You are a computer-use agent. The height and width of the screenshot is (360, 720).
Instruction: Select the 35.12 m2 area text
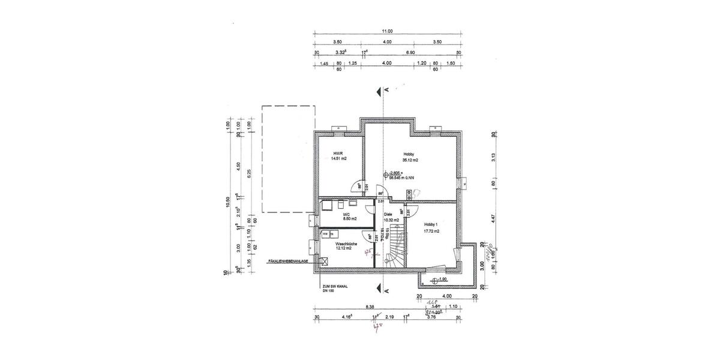pos(410,160)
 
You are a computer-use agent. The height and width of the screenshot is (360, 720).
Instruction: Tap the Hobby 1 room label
pos(431,225)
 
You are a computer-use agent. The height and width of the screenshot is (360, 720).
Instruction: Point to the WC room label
pos(346,214)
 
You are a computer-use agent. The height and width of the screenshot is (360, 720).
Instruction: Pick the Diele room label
pos(388,214)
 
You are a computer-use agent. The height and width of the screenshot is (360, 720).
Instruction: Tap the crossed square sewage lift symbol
pos(325,261)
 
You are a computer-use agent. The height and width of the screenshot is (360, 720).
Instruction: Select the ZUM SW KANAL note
pos(335,287)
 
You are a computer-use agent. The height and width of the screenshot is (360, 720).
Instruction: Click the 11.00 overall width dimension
pos(387,31)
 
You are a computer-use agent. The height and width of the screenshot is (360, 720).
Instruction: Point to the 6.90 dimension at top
pos(411,53)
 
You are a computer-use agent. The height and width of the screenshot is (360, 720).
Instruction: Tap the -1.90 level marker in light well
pos(442,280)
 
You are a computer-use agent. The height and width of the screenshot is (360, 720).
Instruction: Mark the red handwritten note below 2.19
pos(377,327)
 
